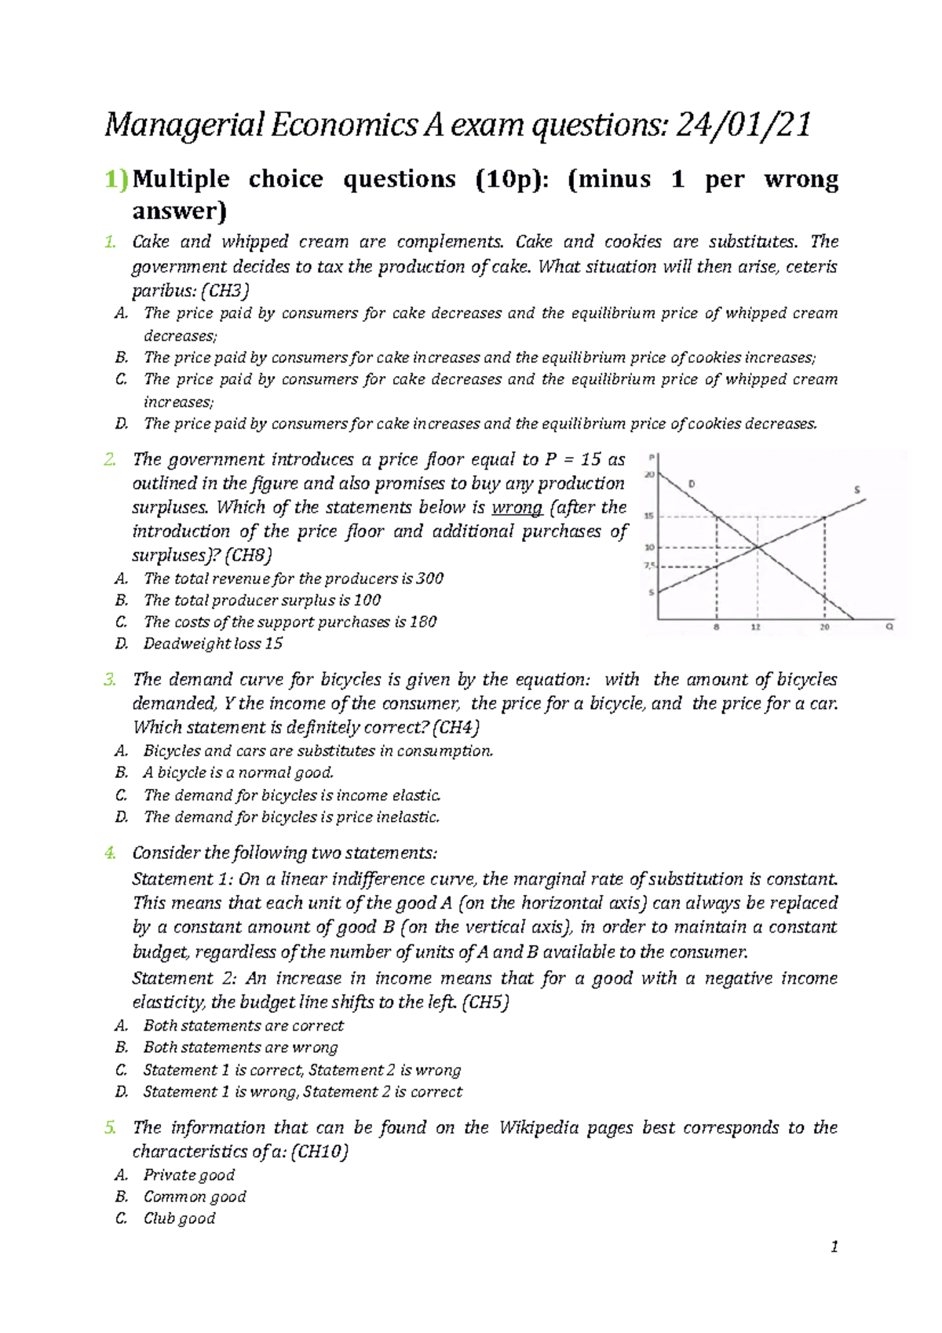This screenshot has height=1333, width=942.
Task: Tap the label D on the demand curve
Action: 692,484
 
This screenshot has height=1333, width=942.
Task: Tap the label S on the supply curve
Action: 856,490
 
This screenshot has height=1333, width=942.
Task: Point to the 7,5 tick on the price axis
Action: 649,565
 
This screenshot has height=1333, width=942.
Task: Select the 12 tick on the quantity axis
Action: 755,628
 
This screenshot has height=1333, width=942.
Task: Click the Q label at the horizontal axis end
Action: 889,627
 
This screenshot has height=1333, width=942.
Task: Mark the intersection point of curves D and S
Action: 757,547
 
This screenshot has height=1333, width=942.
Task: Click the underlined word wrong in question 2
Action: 517,508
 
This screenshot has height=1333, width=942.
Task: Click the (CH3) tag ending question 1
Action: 225,291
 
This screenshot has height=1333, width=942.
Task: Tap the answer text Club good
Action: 179,1218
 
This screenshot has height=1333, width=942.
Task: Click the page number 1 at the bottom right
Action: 834,1247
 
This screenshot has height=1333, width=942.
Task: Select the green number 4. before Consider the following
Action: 110,853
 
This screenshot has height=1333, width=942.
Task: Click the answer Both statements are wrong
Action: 240,1047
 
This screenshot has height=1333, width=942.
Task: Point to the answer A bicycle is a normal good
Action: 239,772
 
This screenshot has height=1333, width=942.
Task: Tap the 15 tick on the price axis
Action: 648,517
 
